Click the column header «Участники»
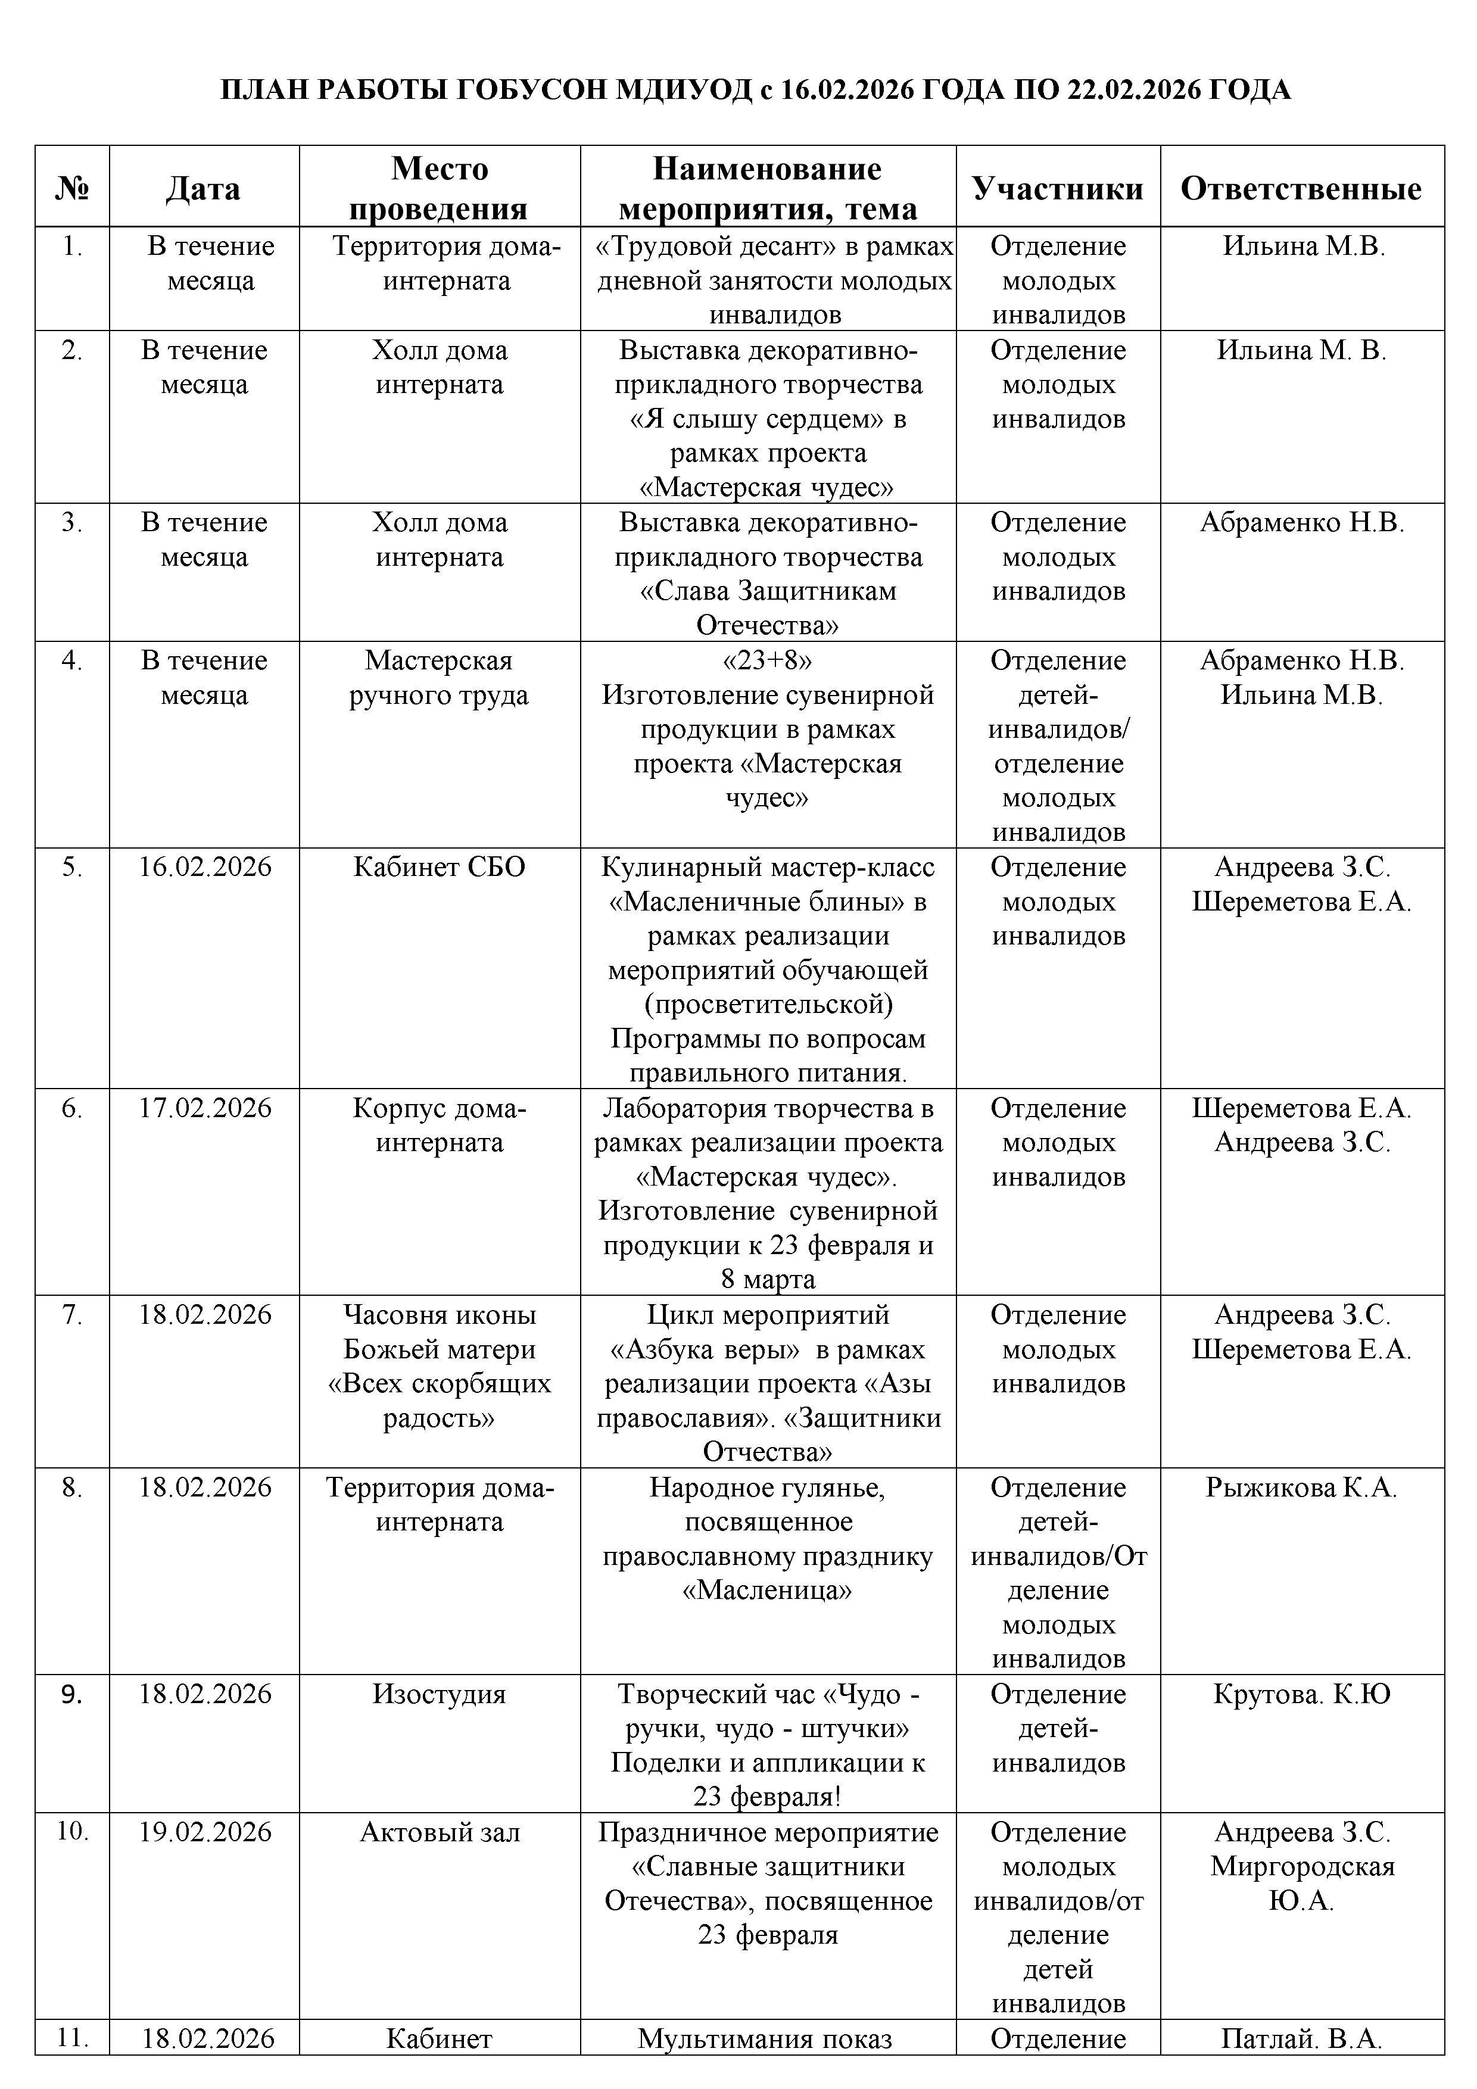(x=1058, y=188)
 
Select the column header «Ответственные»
(x=1301, y=188)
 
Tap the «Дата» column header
(x=204, y=188)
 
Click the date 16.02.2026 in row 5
(x=205, y=866)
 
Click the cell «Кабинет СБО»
(x=440, y=866)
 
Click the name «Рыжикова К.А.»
(x=1301, y=1487)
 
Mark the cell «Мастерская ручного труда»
(x=440, y=677)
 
